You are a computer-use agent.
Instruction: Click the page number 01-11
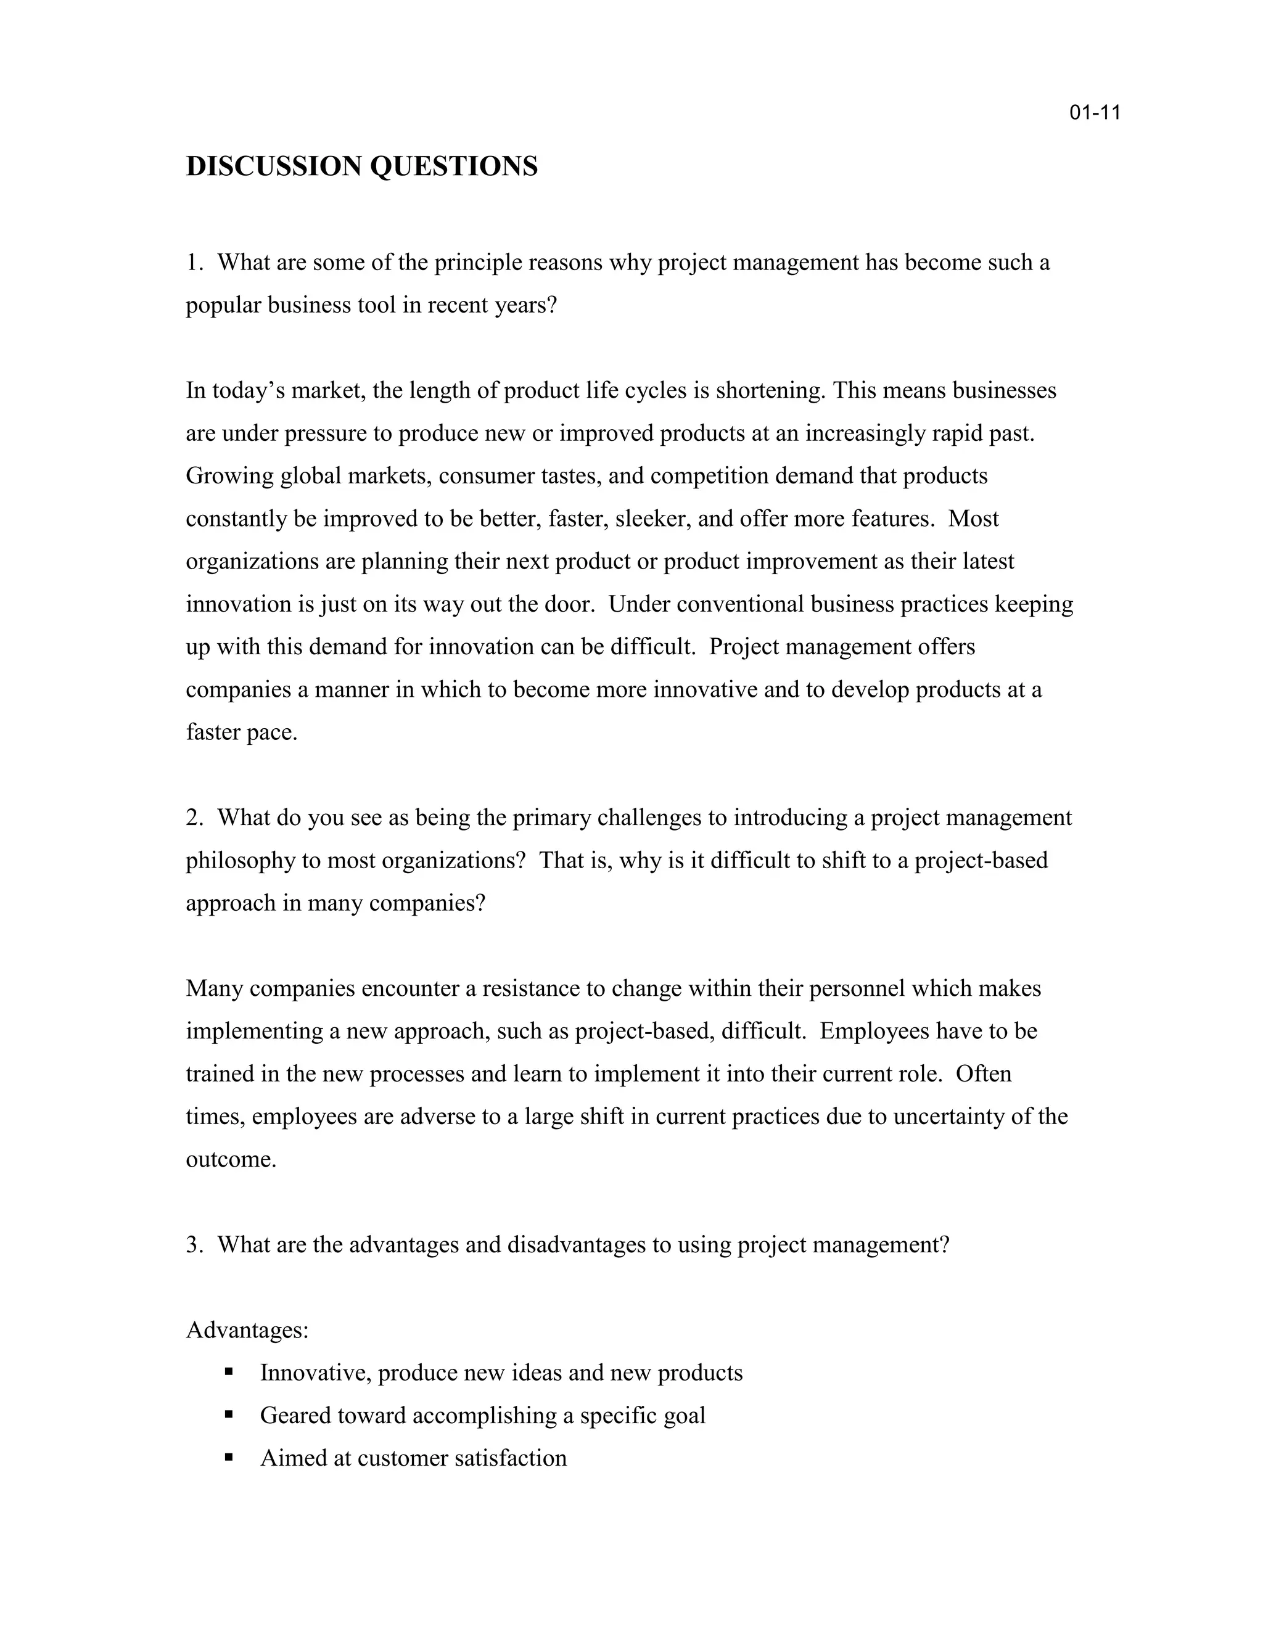click(1095, 113)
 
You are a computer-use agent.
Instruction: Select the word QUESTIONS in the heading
click(454, 166)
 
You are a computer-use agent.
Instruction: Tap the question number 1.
click(192, 263)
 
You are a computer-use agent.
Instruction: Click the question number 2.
click(192, 817)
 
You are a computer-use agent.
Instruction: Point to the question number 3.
click(192, 1244)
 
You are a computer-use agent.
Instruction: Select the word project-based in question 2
click(981, 860)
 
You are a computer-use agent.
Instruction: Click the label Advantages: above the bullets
click(247, 1329)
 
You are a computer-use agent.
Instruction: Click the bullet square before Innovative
click(229, 1371)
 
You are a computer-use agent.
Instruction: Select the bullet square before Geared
click(229, 1414)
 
